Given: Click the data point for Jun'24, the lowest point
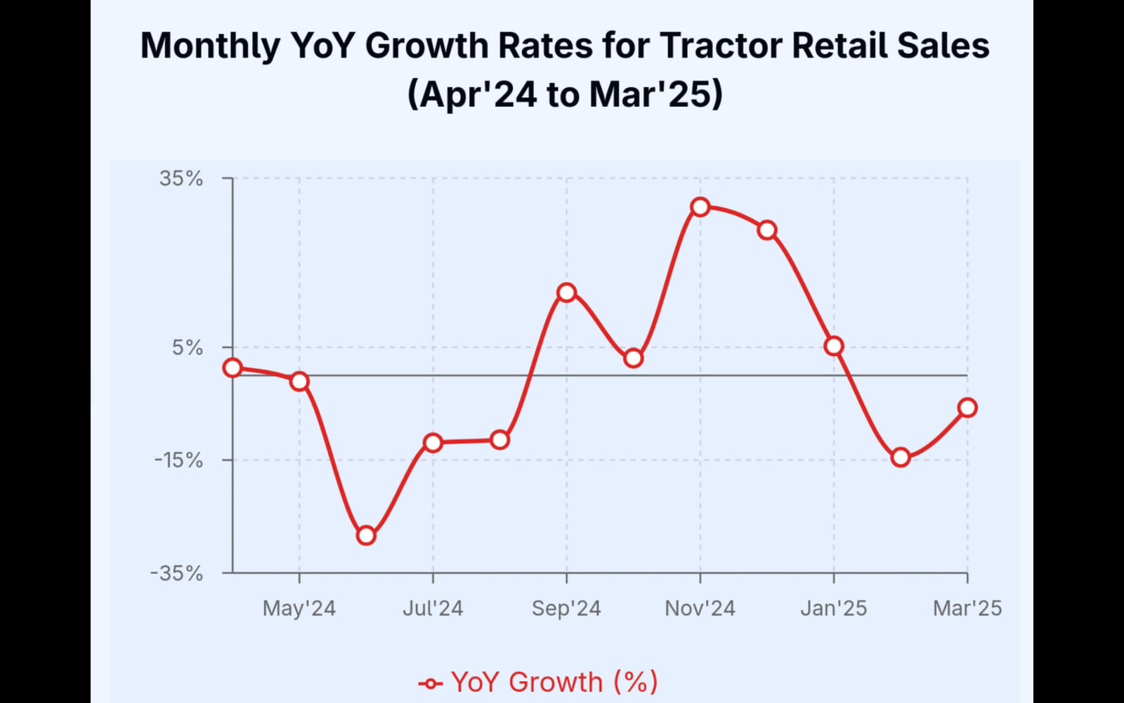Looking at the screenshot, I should (366, 536).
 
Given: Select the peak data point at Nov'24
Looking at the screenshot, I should (700, 207).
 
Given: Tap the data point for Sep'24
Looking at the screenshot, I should (566, 292).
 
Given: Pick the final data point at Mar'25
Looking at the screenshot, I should (967, 408).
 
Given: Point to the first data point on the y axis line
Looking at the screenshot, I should (233, 368).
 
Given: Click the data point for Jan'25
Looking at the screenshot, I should (834, 346).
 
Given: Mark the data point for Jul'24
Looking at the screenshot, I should (433, 443).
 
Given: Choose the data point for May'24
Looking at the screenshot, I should (299, 382).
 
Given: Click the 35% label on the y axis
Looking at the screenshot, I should (181, 179).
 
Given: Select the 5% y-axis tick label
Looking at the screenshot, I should (188, 347).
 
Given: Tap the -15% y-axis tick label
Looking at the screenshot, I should (178, 460).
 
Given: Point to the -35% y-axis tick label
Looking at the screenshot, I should (176, 574).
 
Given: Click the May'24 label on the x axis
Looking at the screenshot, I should (299, 608).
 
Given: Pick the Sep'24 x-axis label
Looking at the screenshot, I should (566, 608).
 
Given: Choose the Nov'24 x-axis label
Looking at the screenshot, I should (700, 608).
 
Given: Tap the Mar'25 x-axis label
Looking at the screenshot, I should (967, 608).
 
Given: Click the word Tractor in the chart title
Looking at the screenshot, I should (720, 46).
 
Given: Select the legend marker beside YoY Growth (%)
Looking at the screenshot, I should (430, 683).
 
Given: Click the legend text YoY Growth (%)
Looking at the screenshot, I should (554, 682).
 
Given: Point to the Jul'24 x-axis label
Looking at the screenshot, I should (433, 608).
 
